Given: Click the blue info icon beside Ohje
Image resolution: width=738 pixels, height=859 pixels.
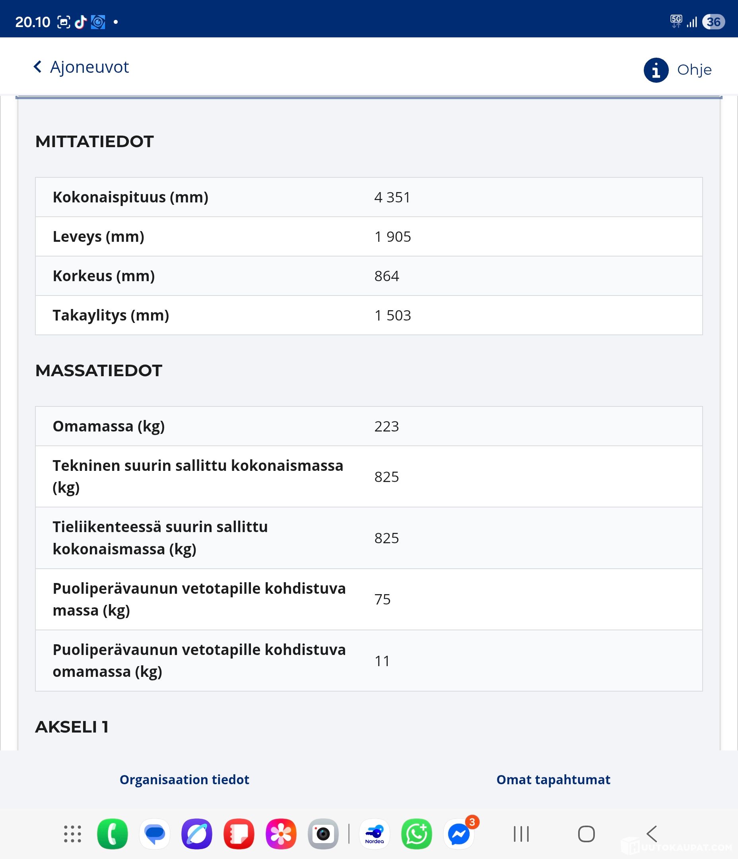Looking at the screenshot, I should [656, 70].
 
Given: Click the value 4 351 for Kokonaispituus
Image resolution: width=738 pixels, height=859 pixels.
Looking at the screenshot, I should [392, 197].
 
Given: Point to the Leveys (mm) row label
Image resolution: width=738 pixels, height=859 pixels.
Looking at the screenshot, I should [98, 237].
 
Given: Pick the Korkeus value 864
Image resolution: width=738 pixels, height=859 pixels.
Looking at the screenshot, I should [386, 276].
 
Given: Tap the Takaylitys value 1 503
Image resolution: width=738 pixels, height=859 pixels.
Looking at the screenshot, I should [392, 315].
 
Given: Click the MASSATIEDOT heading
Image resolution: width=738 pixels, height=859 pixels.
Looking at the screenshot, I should [99, 371].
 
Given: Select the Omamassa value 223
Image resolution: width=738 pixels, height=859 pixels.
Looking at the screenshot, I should [386, 427].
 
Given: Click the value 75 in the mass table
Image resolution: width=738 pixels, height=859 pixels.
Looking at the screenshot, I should [382, 599].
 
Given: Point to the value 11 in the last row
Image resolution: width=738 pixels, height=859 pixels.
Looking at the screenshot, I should [382, 661].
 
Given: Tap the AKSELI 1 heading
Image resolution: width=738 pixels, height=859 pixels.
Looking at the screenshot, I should [72, 727].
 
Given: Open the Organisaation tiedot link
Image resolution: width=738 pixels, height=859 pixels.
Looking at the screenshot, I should [184, 780].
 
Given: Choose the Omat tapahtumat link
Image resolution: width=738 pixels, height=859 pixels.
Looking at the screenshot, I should [553, 780].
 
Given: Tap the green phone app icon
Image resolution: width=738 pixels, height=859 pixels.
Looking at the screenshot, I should [113, 834].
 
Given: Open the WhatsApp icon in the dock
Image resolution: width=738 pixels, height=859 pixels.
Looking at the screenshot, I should [416, 834].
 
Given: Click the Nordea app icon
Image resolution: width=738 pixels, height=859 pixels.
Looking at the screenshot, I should [375, 834].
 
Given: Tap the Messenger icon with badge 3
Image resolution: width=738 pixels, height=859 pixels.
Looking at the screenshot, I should [459, 834].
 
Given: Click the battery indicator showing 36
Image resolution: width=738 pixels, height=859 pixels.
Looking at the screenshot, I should [713, 22].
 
